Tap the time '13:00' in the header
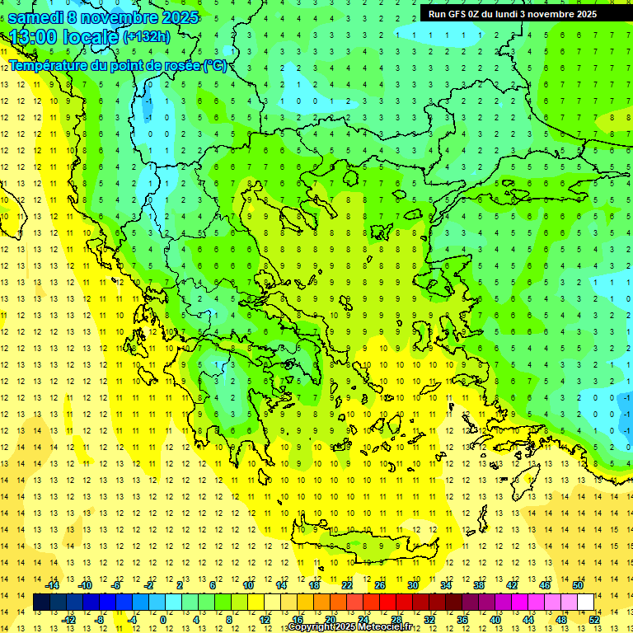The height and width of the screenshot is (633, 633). (34, 37)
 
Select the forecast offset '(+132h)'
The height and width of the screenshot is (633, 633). (147, 36)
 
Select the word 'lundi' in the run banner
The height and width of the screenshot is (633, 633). (513, 14)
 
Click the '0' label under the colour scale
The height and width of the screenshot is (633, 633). (163, 619)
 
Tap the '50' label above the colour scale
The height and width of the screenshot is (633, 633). (578, 585)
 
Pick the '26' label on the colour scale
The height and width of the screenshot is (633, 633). (380, 585)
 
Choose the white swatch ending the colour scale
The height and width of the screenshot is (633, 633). (585, 602)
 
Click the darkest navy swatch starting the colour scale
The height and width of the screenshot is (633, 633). (41, 602)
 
